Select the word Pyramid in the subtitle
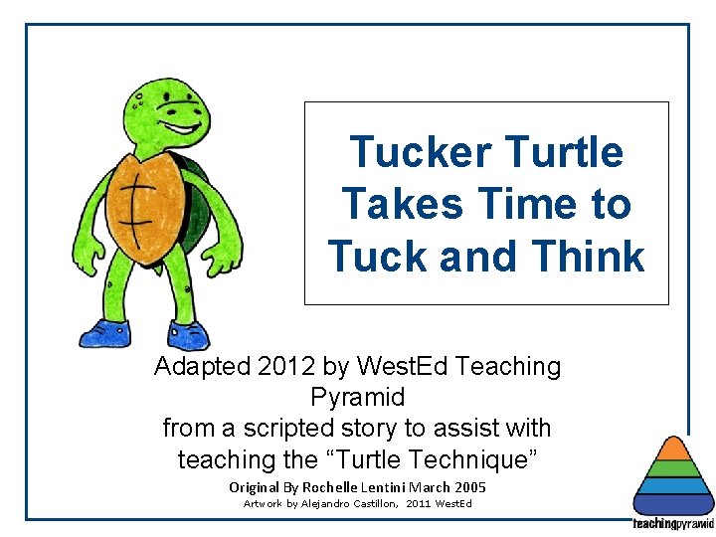(357, 398)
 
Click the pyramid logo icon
(673, 477)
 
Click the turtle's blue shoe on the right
(187, 335)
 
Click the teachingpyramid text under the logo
(673, 523)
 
